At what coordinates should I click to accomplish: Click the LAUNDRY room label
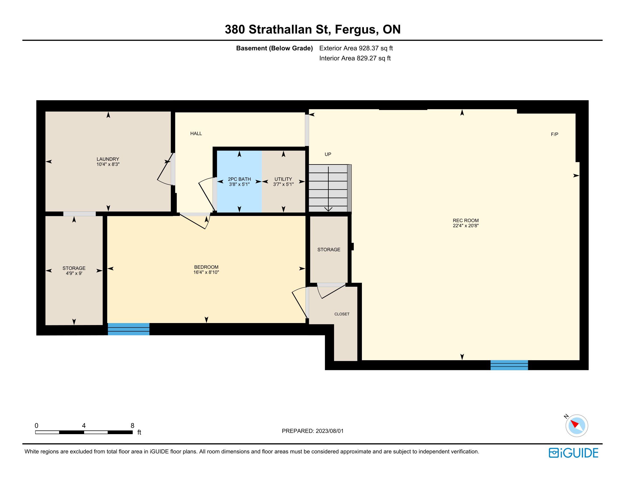click(108, 159)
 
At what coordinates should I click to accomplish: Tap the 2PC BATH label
click(239, 179)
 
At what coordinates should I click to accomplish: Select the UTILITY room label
click(283, 179)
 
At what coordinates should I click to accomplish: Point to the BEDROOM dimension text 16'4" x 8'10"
click(206, 272)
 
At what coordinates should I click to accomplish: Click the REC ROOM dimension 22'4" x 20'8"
click(466, 226)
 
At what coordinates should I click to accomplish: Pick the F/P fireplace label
click(555, 134)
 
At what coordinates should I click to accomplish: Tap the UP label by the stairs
click(328, 154)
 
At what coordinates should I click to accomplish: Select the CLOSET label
click(342, 314)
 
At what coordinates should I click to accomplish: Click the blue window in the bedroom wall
click(128, 329)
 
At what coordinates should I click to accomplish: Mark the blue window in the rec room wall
click(509, 365)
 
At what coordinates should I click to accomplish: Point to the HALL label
click(196, 133)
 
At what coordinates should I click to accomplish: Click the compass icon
click(577, 426)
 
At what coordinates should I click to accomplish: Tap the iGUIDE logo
click(573, 453)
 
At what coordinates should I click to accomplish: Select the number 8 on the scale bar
click(132, 426)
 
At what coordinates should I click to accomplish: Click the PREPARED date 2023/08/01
click(330, 431)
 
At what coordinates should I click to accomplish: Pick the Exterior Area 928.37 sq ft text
click(356, 48)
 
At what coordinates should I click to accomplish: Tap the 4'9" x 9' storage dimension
click(74, 273)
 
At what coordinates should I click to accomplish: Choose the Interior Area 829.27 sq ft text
click(355, 58)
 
